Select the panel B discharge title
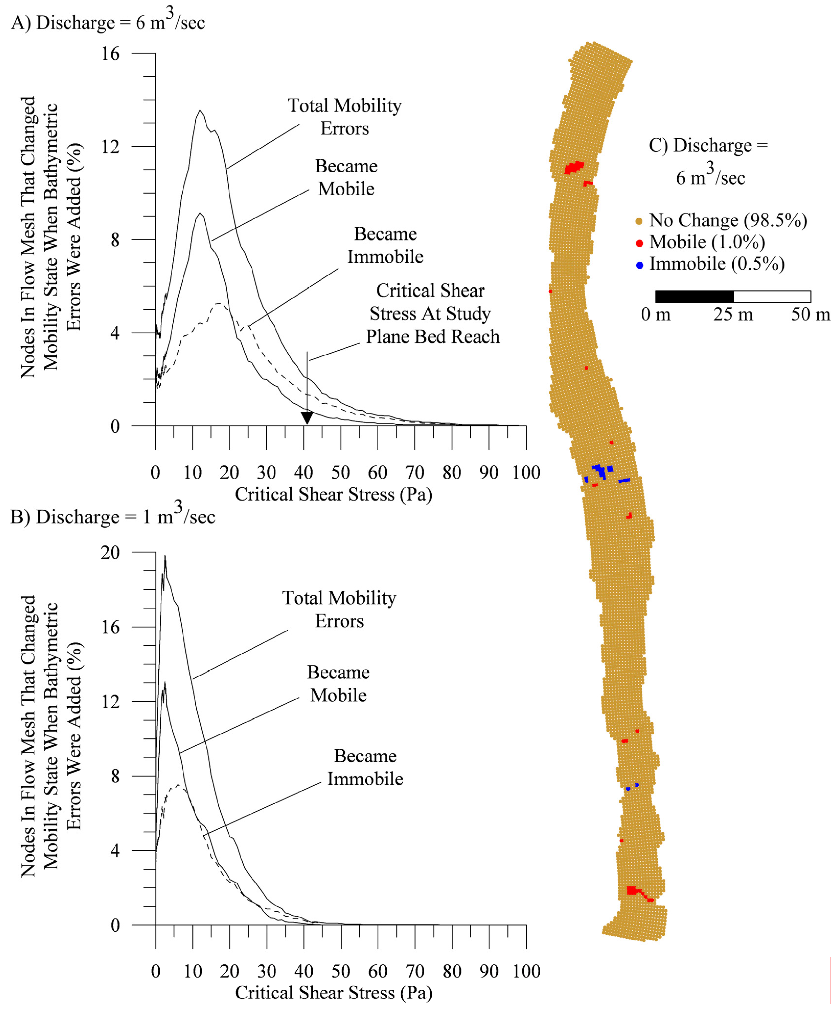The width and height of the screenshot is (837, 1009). [113, 517]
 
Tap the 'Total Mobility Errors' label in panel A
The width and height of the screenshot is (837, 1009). [344, 117]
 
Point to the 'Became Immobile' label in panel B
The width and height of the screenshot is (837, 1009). [365, 767]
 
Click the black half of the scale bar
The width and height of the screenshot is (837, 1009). [694, 297]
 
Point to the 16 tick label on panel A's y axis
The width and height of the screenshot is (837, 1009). [111, 53]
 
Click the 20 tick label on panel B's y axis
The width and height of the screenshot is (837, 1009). [111, 552]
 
